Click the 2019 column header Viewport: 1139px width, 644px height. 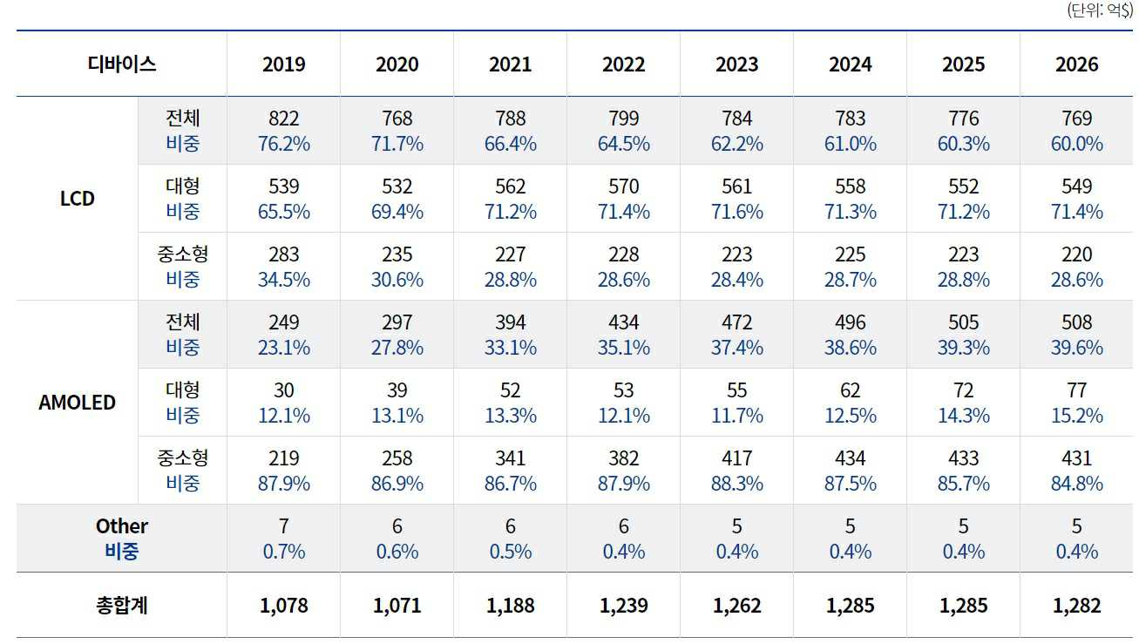pyautogui.click(x=284, y=64)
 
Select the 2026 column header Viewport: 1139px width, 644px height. pyautogui.click(x=1077, y=64)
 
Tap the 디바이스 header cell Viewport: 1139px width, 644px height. pyautogui.click(x=122, y=64)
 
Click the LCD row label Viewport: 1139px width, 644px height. pyautogui.click(x=78, y=199)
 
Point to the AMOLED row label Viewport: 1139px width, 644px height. pyautogui.click(x=78, y=403)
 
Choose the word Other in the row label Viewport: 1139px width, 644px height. pyautogui.click(x=122, y=526)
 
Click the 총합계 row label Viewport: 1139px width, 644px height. pyautogui.click(x=122, y=605)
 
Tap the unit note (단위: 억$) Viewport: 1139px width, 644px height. pyautogui.click(x=1099, y=10)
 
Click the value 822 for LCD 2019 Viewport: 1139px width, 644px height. pyautogui.click(x=284, y=119)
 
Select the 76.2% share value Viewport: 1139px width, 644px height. pyautogui.click(x=284, y=144)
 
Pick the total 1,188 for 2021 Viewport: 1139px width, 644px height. pyautogui.click(x=511, y=606)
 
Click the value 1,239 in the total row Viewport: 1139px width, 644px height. pyautogui.click(x=624, y=606)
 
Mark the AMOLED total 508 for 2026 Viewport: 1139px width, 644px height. pyautogui.click(x=1077, y=322)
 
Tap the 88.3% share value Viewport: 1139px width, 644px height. pyautogui.click(x=737, y=484)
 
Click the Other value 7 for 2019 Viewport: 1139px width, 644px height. pyautogui.click(x=284, y=526)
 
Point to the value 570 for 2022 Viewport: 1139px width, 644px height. pyautogui.click(x=624, y=186)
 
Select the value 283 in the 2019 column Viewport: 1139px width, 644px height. pyautogui.click(x=284, y=254)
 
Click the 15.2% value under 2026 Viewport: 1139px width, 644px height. pyautogui.click(x=1077, y=416)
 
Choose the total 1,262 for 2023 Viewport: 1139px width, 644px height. pyautogui.click(x=737, y=606)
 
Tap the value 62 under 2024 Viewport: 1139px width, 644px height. pyautogui.click(x=851, y=390)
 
